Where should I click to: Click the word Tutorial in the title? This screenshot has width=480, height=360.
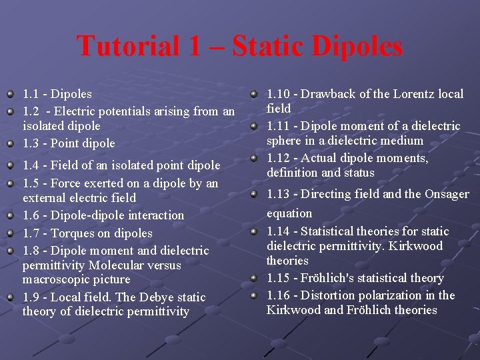(x=127, y=46)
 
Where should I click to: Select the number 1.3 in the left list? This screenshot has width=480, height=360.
(x=31, y=143)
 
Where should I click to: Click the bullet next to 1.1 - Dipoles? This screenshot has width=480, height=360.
(x=10, y=94)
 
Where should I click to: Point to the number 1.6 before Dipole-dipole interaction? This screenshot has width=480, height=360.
(x=31, y=215)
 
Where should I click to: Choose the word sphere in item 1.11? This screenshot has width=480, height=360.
(x=285, y=141)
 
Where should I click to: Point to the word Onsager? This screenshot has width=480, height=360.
(x=445, y=194)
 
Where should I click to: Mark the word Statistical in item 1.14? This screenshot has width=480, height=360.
(x=335, y=231)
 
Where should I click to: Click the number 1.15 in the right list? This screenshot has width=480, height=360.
(x=278, y=278)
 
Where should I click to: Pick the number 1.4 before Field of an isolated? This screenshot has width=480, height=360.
(x=31, y=165)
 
